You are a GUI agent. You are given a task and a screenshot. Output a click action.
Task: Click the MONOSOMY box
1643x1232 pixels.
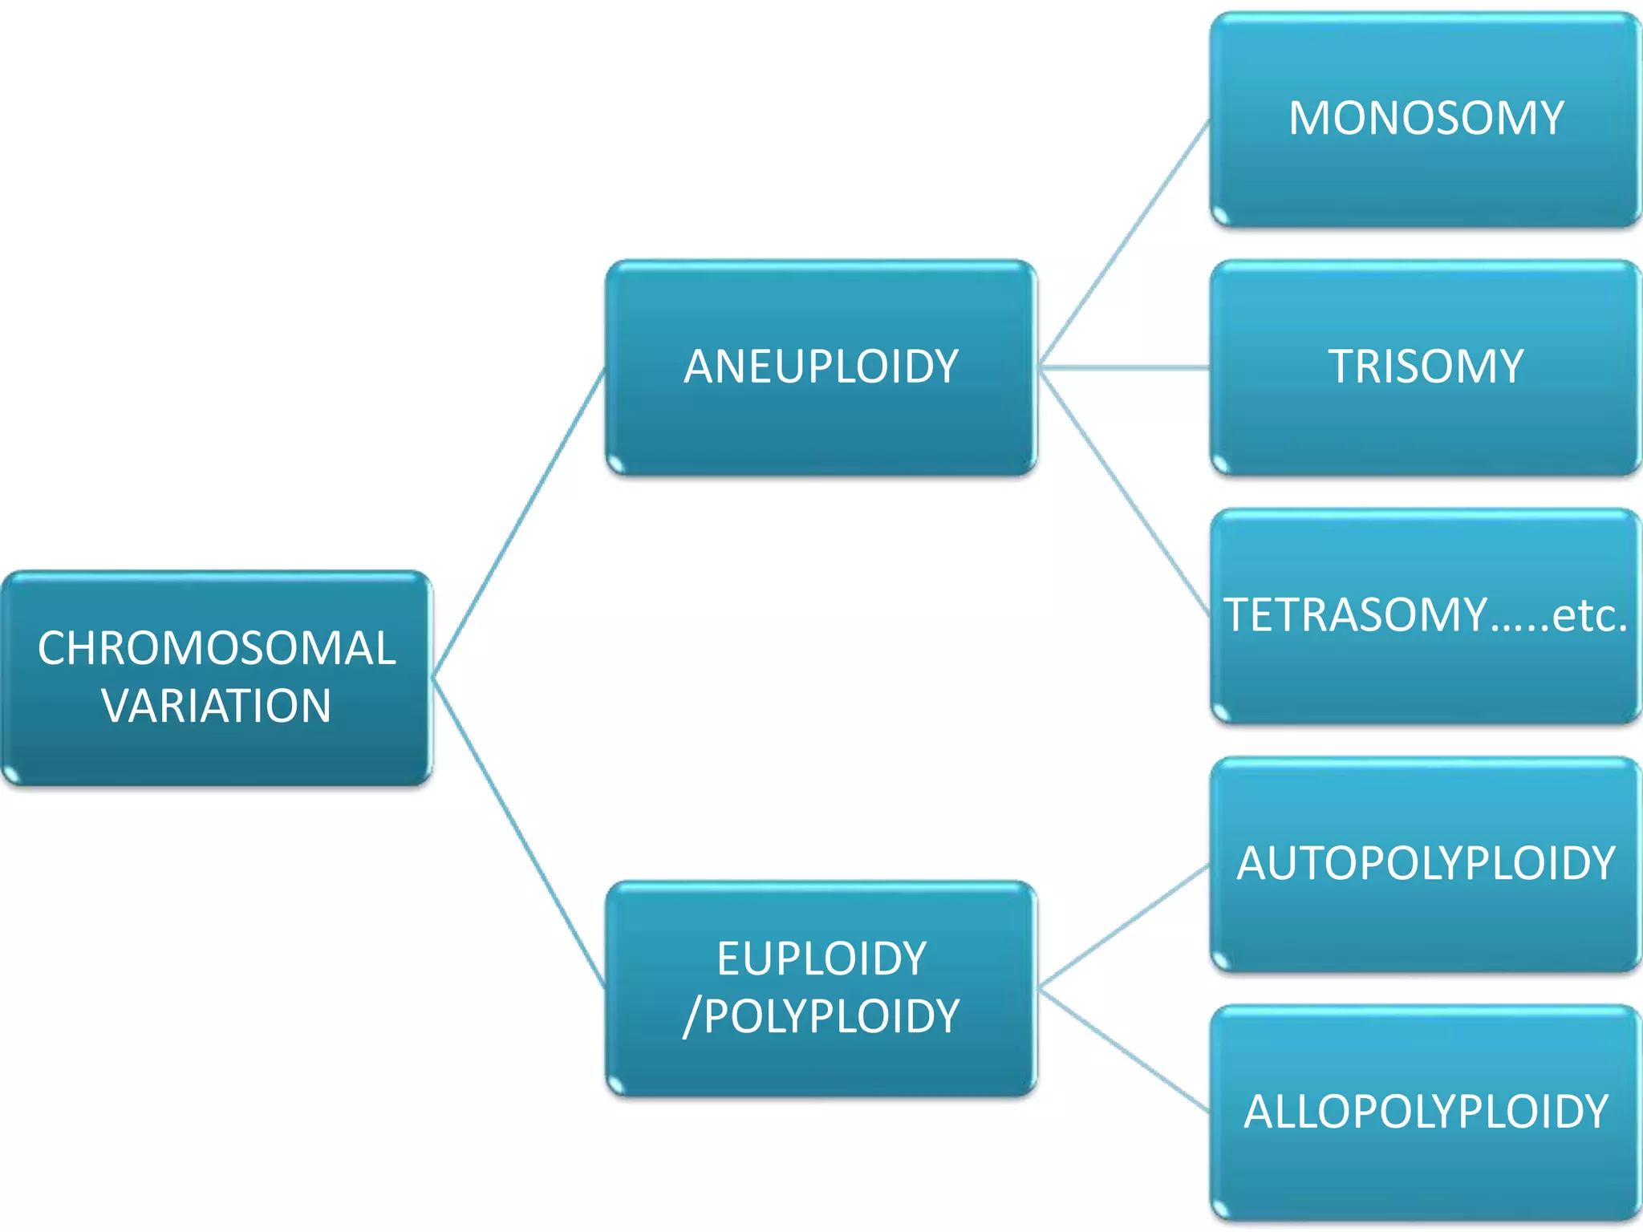1426,119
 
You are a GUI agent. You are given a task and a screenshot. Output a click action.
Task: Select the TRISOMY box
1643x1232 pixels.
1426,367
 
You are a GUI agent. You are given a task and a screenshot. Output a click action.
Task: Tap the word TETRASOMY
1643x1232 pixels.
1355,615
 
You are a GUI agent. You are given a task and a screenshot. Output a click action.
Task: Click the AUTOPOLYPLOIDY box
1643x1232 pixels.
1426,864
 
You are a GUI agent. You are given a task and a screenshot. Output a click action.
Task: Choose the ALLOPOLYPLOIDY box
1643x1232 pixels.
1426,1112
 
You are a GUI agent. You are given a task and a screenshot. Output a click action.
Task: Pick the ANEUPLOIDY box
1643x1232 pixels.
821,367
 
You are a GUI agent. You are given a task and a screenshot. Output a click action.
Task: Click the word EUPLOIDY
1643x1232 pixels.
821,958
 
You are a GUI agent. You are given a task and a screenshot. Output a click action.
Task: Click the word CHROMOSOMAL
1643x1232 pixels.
217,648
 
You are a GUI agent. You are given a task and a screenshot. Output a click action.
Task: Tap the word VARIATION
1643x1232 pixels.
217,706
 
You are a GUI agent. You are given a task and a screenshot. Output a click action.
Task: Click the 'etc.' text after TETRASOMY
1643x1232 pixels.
1589,615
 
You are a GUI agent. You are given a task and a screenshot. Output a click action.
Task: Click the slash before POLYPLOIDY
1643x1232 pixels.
690,1017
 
